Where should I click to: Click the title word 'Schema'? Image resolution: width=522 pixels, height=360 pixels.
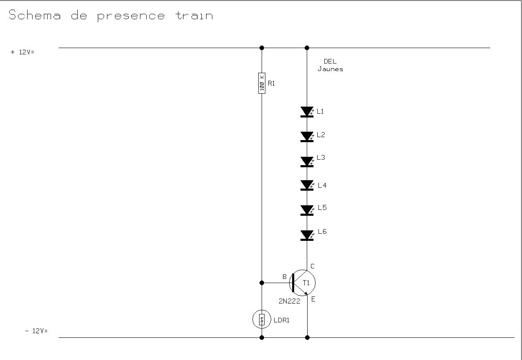[x=35, y=16]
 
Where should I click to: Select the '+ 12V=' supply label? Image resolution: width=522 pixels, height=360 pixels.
[x=22, y=52]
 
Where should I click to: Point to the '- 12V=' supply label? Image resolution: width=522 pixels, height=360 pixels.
[x=36, y=331]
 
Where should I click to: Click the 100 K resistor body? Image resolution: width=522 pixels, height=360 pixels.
[x=262, y=83]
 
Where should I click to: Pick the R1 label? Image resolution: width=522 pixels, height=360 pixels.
[x=271, y=83]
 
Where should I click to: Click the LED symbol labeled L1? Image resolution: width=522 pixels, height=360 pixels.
[x=307, y=112]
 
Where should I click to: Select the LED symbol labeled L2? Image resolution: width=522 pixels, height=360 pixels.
[x=307, y=136]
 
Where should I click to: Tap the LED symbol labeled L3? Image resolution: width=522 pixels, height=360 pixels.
[x=307, y=161]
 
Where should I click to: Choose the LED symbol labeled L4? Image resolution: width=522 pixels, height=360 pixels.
[x=307, y=185]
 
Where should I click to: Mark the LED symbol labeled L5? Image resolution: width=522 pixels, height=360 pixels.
[x=307, y=210]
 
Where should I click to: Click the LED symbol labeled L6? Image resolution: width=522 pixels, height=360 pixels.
[x=307, y=235]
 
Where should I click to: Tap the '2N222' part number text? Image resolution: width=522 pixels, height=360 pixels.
[x=289, y=301]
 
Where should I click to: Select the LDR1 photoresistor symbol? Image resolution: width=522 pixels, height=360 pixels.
[x=262, y=320]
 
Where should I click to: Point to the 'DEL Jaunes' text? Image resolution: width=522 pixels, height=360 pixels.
[x=330, y=65]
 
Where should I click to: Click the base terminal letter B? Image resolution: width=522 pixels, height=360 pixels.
[x=285, y=277]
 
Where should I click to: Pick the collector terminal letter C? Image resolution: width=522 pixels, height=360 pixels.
[x=313, y=266]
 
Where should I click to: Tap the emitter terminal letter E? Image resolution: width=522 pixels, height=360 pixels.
[x=313, y=299]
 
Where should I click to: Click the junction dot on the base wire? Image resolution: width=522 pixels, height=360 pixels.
[x=262, y=283]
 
